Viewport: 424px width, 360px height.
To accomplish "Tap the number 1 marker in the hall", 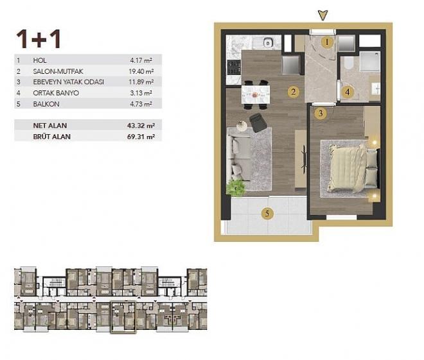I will coord(327,43).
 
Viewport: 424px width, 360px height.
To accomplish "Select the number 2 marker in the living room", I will coord(293,92).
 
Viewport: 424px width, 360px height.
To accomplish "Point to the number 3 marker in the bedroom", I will coord(319,114).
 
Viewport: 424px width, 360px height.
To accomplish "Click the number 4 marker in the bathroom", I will coord(348,92).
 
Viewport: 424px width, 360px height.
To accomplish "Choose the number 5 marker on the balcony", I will coord(265,214).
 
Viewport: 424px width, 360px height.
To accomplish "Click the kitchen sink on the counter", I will coord(265,43).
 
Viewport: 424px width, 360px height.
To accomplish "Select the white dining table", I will coord(256,94).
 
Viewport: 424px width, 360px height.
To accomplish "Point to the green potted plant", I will coord(236,187).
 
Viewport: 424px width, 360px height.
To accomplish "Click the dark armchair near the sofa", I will coord(260,122).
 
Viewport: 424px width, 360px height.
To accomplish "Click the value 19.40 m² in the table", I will coord(141,71).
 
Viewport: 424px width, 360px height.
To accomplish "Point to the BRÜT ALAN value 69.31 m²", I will coord(141,136).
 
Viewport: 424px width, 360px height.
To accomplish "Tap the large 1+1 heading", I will coord(39,39).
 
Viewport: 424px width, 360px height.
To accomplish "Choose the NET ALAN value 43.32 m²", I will coord(141,125).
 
